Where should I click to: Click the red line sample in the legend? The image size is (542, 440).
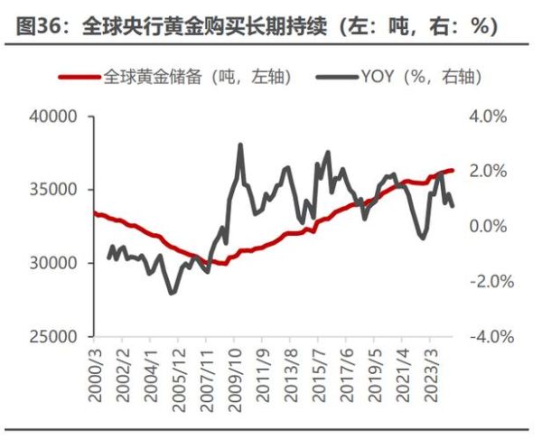79,78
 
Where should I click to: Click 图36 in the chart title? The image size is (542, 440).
36,26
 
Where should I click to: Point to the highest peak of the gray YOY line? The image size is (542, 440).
240,145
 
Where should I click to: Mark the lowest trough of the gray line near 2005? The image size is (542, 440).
172,292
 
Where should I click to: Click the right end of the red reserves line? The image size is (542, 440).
453,170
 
